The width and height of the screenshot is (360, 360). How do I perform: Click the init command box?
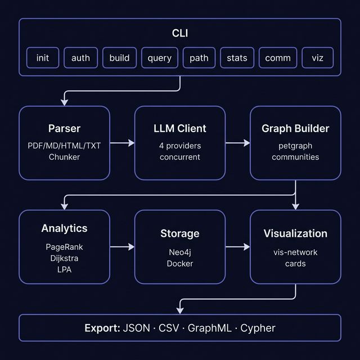pyautogui.click(x=43, y=58)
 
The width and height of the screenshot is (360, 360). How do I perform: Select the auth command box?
pyautogui.click(x=81, y=58)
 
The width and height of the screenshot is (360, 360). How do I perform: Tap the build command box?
pyautogui.click(x=119, y=58)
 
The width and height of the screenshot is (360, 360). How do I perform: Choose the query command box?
pyautogui.click(x=160, y=58)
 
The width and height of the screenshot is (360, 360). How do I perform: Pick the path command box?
pyautogui.click(x=199, y=58)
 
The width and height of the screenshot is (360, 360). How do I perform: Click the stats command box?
pyautogui.click(x=237, y=58)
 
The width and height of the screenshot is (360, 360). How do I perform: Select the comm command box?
pyautogui.click(x=278, y=58)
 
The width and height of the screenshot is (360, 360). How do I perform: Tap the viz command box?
pyautogui.click(x=318, y=58)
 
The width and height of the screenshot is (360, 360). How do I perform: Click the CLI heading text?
pyautogui.click(x=180, y=33)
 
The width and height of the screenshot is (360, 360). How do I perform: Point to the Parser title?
pyautogui.click(x=64, y=129)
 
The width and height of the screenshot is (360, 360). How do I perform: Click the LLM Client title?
pyautogui.click(x=180, y=129)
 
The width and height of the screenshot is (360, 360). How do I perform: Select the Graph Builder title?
pyautogui.click(x=295, y=129)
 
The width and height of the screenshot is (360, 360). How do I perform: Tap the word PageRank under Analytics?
pyautogui.click(x=64, y=247)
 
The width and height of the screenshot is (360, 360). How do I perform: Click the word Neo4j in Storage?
pyautogui.click(x=180, y=253)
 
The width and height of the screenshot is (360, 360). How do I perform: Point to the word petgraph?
pyautogui.click(x=295, y=146)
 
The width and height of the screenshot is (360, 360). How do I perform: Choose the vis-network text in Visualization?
pyautogui.click(x=295, y=253)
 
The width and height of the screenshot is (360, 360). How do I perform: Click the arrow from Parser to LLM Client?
pyautogui.click(x=122, y=143)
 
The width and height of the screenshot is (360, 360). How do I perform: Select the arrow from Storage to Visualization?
pyautogui.click(x=237, y=247)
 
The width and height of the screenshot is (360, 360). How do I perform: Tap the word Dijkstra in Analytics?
pyautogui.click(x=64, y=258)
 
